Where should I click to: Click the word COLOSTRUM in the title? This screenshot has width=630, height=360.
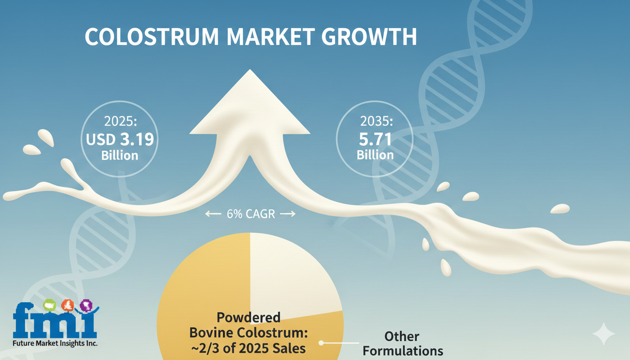pos(152,37)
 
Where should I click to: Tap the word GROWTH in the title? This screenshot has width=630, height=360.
pos(369,37)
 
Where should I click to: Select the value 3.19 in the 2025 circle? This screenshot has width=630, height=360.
pos(137,139)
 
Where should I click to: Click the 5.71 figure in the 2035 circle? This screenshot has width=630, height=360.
pos(375,139)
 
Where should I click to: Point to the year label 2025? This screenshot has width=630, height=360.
pos(120,121)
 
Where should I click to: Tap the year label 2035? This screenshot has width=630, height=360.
pos(376,121)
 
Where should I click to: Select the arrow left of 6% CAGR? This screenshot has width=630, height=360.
pos(213,214)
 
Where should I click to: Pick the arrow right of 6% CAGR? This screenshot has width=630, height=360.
pos(288,214)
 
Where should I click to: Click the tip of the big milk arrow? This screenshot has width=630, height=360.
pos(250,69)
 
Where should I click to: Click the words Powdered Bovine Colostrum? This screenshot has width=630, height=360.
pos(248,325)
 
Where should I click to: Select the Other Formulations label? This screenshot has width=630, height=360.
pos(403,344)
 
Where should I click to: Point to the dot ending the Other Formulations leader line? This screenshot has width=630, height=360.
pos(321,343)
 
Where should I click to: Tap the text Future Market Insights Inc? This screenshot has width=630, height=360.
pos(55,343)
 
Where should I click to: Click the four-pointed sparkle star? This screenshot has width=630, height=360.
pos(604,334)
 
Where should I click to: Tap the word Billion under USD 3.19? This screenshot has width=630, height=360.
pos(120,156)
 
